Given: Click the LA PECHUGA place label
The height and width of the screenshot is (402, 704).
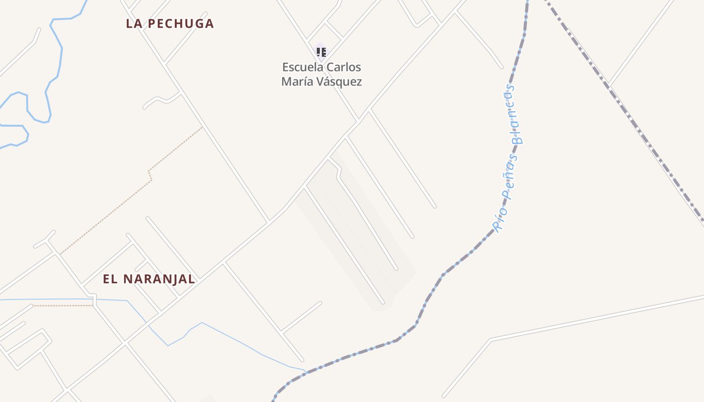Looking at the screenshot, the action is pyautogui.click(x=170, y=24).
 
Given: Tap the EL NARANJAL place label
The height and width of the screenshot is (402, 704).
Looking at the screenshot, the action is pyautogui.click(x=149, y=279).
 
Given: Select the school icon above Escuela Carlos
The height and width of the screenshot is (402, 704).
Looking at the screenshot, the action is pyautogui.click(x=321, y=52).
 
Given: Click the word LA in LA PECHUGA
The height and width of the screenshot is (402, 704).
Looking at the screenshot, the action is pyautogui.click(x=133, y=24).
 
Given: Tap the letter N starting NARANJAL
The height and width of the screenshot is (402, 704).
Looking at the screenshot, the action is pyautogui.click(x=127, y=279).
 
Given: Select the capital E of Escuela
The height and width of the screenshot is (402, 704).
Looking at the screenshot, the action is pyautogui.click(x=286, y=67).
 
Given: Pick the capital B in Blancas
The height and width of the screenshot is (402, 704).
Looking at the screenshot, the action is pyautogui.click(x=517, y=139).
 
